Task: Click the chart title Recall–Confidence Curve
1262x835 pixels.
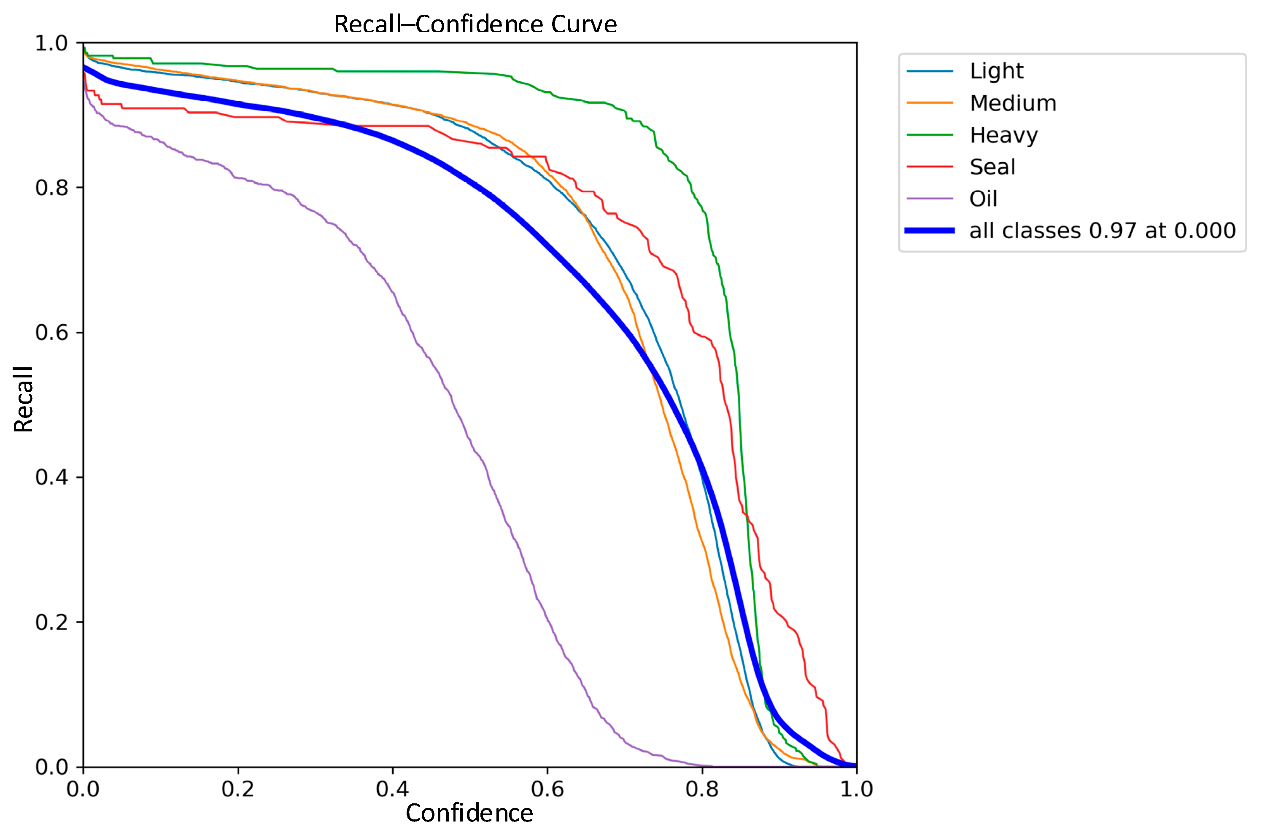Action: pos(475,24)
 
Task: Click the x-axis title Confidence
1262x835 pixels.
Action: pos(469,813)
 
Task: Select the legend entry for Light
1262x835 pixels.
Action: pos(996,71)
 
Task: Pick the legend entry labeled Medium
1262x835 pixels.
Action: pos(1012,103)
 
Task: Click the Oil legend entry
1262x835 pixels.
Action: pos(982,199)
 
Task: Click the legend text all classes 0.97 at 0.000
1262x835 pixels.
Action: pos(1102,231)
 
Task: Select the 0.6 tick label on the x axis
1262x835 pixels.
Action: pos(547,789)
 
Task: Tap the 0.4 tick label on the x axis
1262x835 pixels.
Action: pos(392,789)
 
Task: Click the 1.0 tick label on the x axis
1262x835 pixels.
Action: pos(856,789)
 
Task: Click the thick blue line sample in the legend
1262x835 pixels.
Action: pos(929,231)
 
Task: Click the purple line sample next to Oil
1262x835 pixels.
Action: pos(929,199)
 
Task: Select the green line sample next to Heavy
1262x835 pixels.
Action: pos(929,135)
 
